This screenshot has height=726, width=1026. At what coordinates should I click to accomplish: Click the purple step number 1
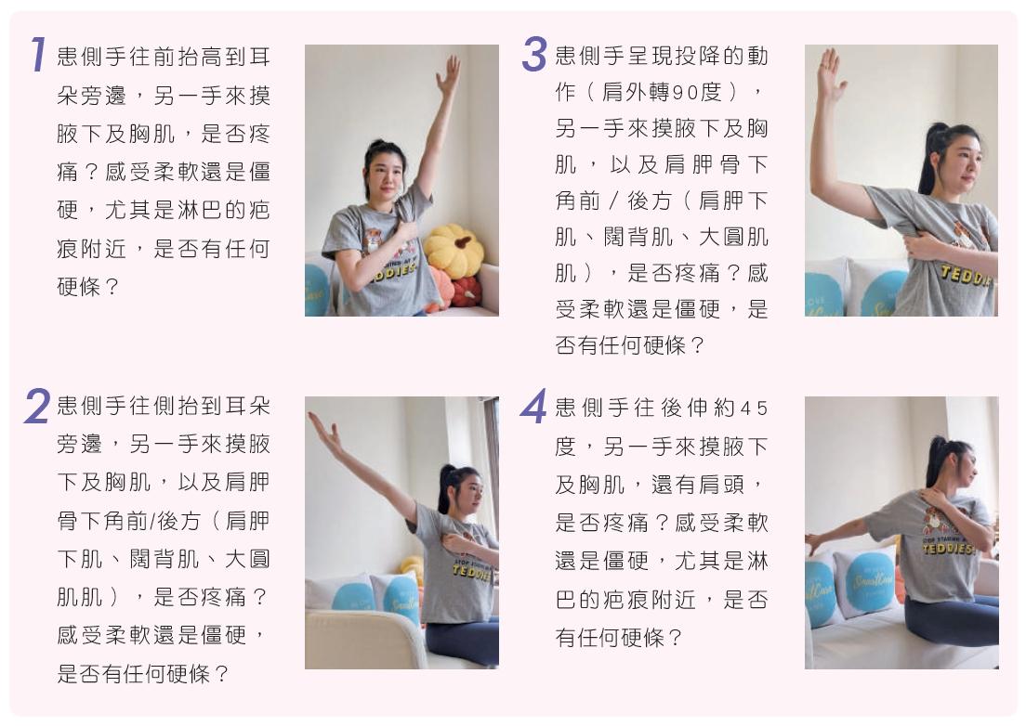click(x=39, y=54)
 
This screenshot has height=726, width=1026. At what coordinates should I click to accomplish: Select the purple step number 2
click(x=37, y=405)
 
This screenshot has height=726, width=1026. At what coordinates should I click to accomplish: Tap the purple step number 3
click(x=534, y=54)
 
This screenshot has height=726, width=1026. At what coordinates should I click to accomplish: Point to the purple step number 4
click(x=534, y=406)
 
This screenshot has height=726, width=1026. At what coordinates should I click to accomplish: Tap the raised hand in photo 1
click(x=448, y=76)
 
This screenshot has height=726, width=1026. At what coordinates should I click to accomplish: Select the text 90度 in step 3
click(x=692, y=92)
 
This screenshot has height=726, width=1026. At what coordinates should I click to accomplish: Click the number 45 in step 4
click(x=754, y=408)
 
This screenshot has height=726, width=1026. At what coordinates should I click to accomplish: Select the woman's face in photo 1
click(x=386, y=175)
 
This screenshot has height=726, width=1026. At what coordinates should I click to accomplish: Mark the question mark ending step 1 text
click(x=112, y=286)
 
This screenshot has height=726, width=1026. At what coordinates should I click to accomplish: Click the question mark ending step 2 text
click(x=221, y=672)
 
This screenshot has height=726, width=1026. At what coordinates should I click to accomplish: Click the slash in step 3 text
click(x=613, y=201)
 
